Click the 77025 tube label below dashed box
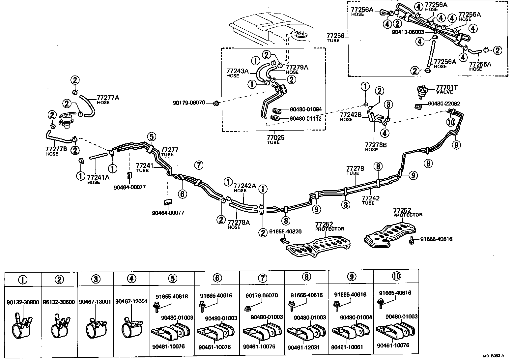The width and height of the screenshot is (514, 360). (275, 137)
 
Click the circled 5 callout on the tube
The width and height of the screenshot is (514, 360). (151, 136)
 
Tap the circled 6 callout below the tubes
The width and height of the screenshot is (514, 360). (182, 194)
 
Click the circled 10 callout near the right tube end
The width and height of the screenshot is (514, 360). (451, 122)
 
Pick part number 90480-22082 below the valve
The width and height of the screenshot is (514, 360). (444, 104)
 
